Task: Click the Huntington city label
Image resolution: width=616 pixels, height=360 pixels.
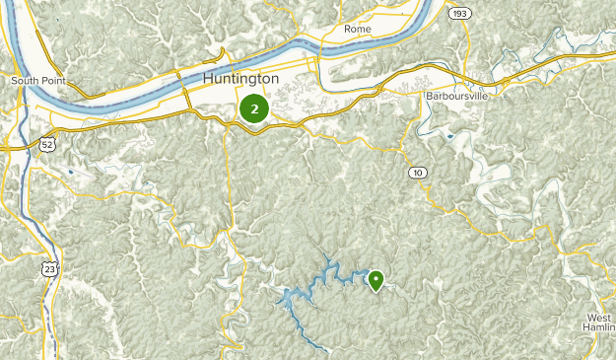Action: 240,78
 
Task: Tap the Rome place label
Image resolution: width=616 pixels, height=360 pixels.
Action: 357,29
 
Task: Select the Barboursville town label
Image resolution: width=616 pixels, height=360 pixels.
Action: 456,96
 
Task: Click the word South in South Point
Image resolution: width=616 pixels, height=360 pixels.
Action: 23,80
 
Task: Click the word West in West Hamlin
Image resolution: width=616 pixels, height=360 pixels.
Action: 597,318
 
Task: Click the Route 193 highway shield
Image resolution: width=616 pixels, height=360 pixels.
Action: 457,14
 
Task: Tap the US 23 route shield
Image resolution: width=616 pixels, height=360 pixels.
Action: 48,267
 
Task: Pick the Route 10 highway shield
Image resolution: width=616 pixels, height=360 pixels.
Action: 419,173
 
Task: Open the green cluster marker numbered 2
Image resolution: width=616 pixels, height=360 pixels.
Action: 254,108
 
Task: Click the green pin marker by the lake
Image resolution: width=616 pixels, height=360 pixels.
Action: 376,281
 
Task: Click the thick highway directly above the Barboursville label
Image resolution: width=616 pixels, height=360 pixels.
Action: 456,77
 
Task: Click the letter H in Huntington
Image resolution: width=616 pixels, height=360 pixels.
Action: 208,78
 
